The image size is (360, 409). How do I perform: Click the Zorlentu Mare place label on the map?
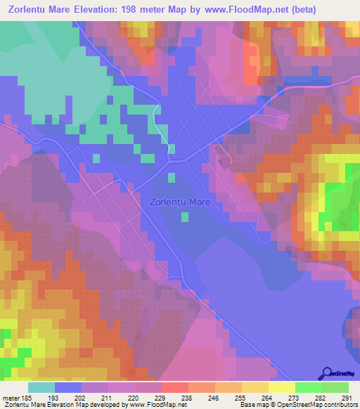(x=180, y=202)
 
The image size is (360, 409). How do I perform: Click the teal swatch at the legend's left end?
(x=41, y=387)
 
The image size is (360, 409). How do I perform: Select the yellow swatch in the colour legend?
(x=281, y=387)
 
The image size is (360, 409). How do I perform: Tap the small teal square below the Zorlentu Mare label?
(x=184, y=217)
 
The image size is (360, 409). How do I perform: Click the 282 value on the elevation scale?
(x=321, y=398)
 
